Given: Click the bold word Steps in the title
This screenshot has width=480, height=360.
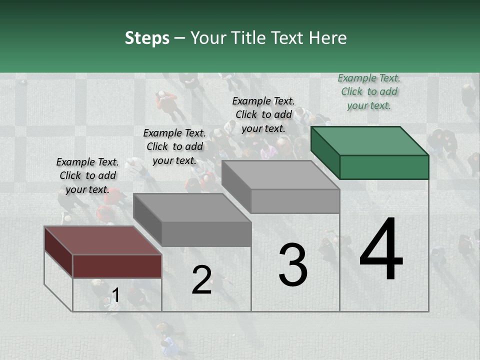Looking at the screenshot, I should coord(147,38).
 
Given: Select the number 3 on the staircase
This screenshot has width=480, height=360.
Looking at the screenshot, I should coord(292,265).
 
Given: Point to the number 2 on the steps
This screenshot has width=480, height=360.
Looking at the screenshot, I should coord(201,280).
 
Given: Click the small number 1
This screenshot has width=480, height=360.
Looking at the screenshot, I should coord(115,295).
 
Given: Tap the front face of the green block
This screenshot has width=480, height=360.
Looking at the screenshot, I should coord(384,167).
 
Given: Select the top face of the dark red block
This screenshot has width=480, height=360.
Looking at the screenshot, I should coord(102,240).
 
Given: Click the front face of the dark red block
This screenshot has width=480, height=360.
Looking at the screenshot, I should coord(117,266).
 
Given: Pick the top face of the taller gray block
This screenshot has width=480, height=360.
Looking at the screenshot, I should coord(280,175).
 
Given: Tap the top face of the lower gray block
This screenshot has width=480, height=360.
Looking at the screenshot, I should coord(192,207).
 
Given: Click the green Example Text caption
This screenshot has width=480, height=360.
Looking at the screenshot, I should coord(369,91).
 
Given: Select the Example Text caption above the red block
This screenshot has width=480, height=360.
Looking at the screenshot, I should coord(87,175).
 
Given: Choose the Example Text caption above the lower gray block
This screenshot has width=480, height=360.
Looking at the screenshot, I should coord(174,146).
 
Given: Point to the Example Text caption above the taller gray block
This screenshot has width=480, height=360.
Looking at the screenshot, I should coord(263,114).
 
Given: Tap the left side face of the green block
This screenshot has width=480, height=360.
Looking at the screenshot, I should coord(325,152).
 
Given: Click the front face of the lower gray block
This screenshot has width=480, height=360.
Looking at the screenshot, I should coord(206,234).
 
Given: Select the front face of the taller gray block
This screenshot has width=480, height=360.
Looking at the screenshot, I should coord(295,201).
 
